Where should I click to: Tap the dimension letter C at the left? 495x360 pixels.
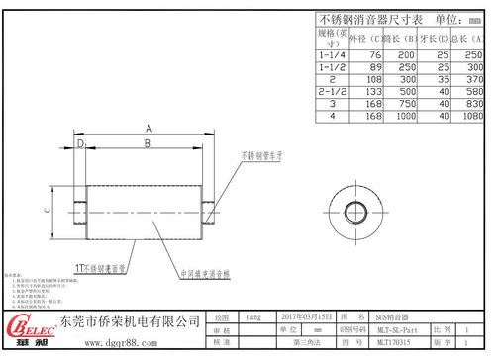(x=48, y=210)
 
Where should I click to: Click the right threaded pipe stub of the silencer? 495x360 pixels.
(x=209, y=210)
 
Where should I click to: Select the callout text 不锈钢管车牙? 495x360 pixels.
(x=258, y=156)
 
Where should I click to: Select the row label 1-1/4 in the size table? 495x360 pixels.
(x=332, y=54)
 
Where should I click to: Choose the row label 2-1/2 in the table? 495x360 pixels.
(x=332, y=89)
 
